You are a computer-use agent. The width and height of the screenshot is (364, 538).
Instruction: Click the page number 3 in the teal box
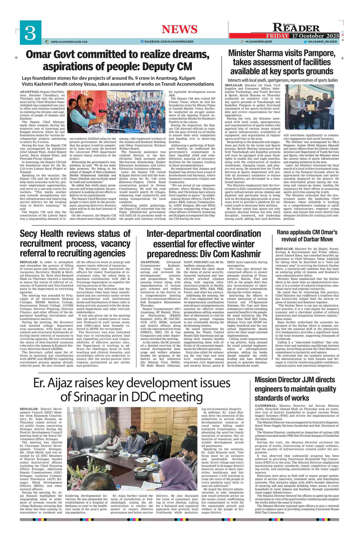coord(30,33)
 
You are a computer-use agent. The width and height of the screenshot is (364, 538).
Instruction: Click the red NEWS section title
coord(179,29)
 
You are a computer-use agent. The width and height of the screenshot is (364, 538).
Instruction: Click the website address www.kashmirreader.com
coord(69,42)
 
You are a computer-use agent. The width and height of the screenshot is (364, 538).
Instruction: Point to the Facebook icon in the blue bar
coord(142,42)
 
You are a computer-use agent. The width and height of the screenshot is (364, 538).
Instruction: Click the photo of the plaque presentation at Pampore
coord(309,107)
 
